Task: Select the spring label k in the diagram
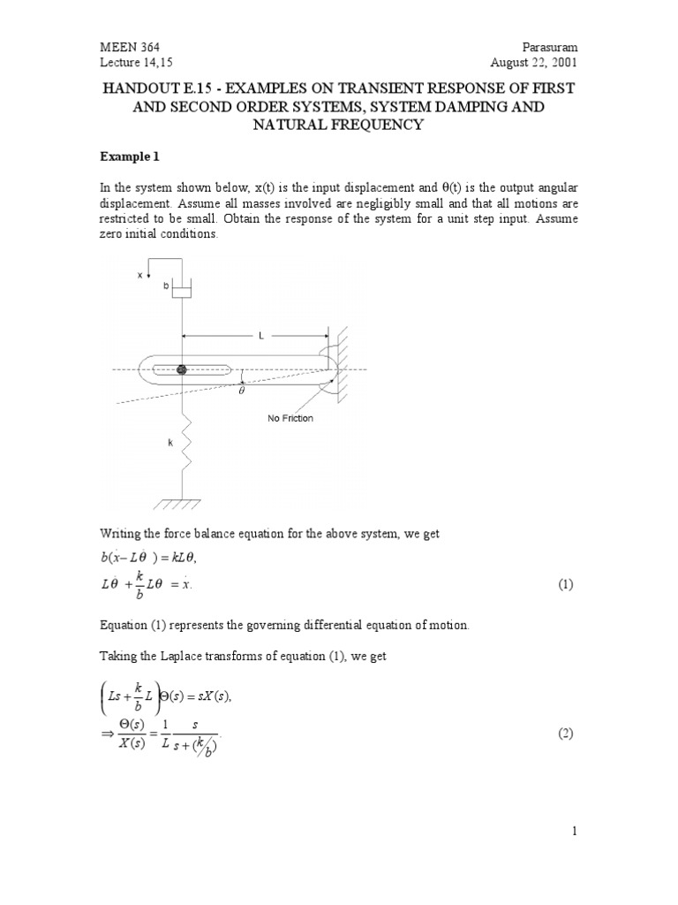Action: [x=170, y=443]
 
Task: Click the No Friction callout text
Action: [x=290, y=418]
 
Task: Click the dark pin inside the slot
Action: [x=182, y=369]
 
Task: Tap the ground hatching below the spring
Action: [x=182, y=505]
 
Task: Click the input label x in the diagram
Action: [x=139, y=275]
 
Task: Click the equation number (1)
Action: [x=565, y=585]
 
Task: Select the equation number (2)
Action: [x=565, y=735]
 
